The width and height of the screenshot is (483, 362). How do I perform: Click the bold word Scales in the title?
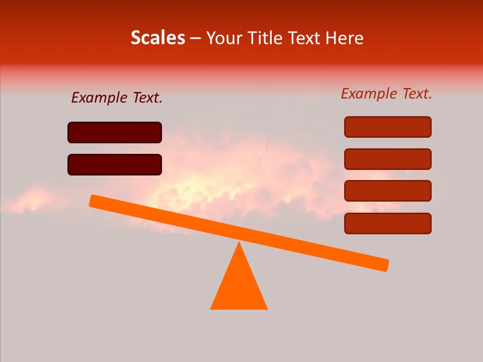pos(158,38)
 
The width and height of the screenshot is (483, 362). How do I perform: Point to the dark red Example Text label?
pos(117,98)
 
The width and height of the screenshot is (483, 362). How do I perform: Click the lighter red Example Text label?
pos(386,94)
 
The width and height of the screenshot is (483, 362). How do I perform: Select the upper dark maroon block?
pos(115,132)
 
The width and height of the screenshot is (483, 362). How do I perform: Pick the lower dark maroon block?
pos(115,164)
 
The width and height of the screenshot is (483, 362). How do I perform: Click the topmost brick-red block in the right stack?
pos(387,127)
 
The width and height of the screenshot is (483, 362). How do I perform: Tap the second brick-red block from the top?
pos(387,159)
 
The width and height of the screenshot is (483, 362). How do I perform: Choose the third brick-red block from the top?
pos(387,191)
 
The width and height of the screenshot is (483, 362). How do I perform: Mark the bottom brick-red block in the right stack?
pos(387,223)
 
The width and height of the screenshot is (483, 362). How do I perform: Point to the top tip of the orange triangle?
pos(239,243)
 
